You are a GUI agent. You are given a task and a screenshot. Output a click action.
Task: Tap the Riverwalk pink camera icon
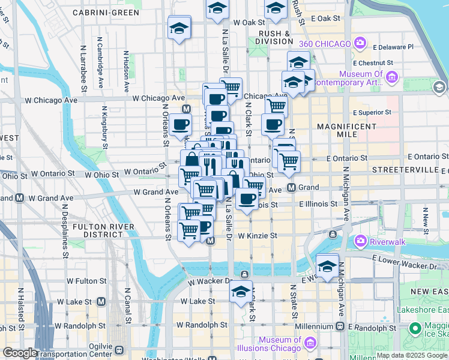pos(361,241)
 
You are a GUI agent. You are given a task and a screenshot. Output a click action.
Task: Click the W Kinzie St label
pos(257,236)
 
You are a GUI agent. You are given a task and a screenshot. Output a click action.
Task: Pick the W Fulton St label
pos(86,280)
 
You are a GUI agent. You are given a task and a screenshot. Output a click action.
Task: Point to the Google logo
pos(20,353)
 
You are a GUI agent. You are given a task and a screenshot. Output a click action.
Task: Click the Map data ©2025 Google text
pos(411,355)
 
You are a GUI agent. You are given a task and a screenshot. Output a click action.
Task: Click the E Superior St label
pos(372,112)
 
